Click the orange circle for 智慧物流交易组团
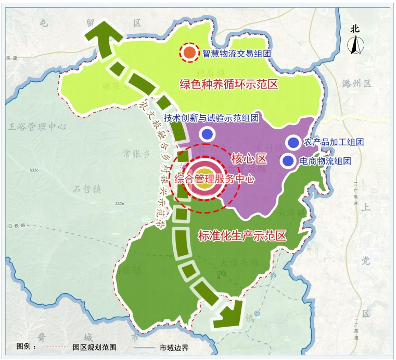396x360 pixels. pyautogui.click(x=190, y=52)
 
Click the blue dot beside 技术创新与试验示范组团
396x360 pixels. pyautogui.click(x=208, y=134)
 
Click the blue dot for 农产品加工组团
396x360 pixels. pyautogui.click(x=293, y=142)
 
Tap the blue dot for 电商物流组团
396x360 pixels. pyautogui.click(x=288, y=161)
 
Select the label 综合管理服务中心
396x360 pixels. pyautogui.click(x=214, y=179)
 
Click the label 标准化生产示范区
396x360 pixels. pyautogui.click(x=242, y=235)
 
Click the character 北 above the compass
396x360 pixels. pyautogui.click(x=355, y=29)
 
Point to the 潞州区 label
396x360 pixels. pyautogui.click(x=355, y=83)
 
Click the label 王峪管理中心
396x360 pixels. pyautogui.click(x=38, y=127)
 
